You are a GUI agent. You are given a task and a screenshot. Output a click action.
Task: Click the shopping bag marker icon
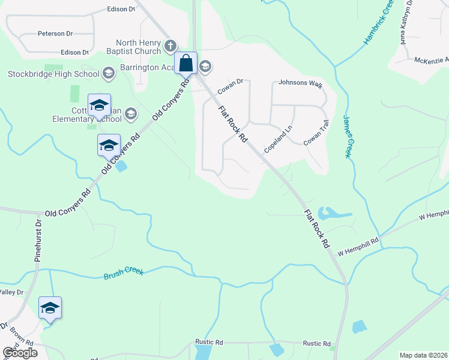tap(186, 62)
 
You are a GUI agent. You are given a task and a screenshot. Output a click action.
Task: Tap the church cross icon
tap(170, 46)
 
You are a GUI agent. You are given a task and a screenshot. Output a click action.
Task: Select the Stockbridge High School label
tap(53, 74)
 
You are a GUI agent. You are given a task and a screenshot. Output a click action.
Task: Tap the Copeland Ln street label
tap(277, 139)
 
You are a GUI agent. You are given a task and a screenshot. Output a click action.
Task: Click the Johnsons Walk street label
tap(301, 85)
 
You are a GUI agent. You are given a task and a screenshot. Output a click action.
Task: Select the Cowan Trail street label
tap(316, 133)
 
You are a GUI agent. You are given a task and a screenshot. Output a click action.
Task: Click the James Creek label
tap(347, 137)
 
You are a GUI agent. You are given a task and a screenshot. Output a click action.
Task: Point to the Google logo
tap(20, 353)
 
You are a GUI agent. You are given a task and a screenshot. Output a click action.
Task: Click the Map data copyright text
tap(423, 355)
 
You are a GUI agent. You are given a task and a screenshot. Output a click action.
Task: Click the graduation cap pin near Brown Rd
tap(50, 308)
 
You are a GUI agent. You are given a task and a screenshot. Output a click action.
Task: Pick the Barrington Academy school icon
tap(205, 66)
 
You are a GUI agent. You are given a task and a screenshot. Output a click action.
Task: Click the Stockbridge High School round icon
tap(109, 74)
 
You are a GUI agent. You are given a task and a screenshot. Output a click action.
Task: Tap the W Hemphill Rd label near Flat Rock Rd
tap(358, 242)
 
